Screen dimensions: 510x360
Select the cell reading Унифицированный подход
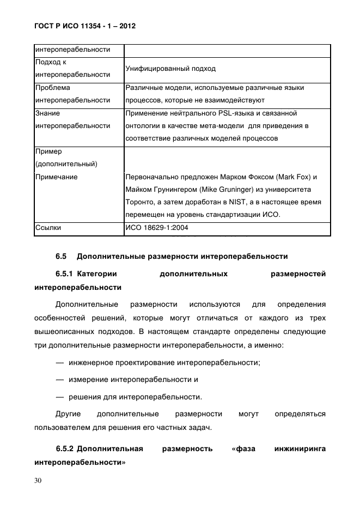tap(170, 69)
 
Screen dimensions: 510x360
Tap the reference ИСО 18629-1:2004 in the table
tap(157, 228)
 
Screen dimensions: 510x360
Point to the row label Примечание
tap(56, 177)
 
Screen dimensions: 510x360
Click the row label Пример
tap(48, 152)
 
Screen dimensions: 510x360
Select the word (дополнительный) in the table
tap(66, 163)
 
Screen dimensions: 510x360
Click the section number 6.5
tap(60, 256)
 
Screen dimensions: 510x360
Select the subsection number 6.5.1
tap(65, 274)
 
